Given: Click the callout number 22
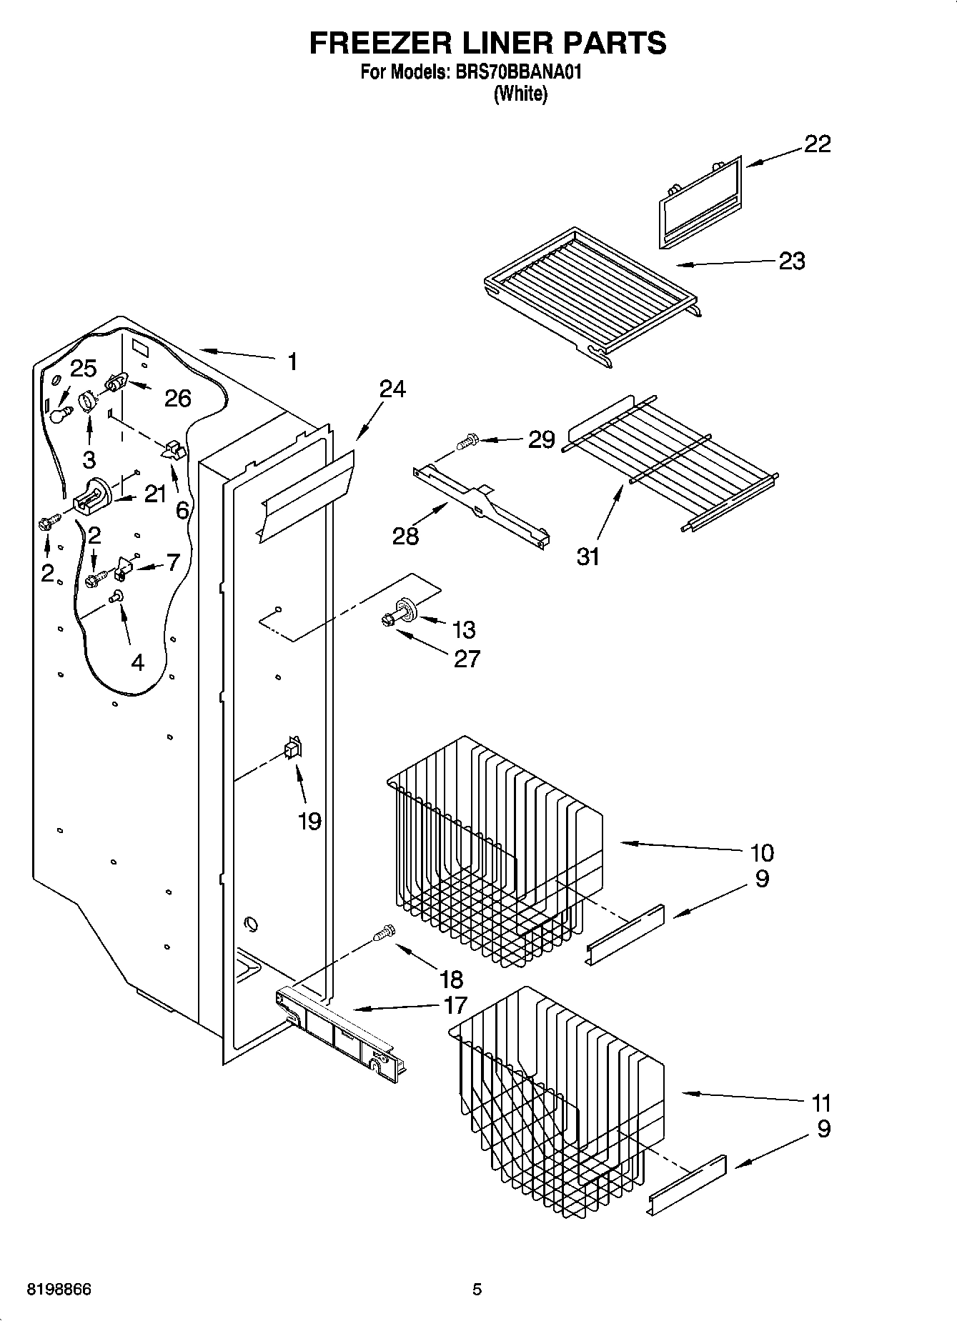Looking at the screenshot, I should coord(818,144).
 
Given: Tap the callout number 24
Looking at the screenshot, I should coord(392,389).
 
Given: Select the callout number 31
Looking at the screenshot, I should coord(588,556).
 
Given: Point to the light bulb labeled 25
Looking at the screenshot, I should coord(60,414).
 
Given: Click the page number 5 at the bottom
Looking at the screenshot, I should coord(477,1290).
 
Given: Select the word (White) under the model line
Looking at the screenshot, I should coord(520,94).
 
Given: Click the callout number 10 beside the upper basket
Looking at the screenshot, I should coord(762,852).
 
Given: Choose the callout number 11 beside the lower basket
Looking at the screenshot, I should coord(821,1103).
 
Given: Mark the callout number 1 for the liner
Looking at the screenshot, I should coord(292,362).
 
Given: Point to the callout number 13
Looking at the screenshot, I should coord(464,629).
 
